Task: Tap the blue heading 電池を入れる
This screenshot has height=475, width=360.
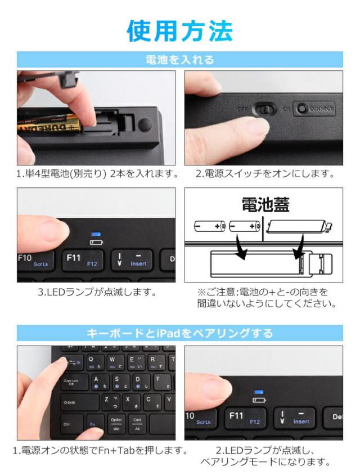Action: [179, 60]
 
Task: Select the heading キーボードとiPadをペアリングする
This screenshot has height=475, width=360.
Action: [179, 333]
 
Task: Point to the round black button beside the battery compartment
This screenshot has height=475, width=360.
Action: [145, 125]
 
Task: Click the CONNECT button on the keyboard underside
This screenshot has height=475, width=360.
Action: [315, 109]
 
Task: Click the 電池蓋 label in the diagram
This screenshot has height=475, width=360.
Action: [265, 204]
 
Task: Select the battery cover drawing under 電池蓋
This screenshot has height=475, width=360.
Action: [296, 227]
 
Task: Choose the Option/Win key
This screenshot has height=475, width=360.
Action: [116, 423]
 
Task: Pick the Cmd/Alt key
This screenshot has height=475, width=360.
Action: [137, 423]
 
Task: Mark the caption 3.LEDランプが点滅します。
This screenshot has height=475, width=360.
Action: [96, 292]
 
